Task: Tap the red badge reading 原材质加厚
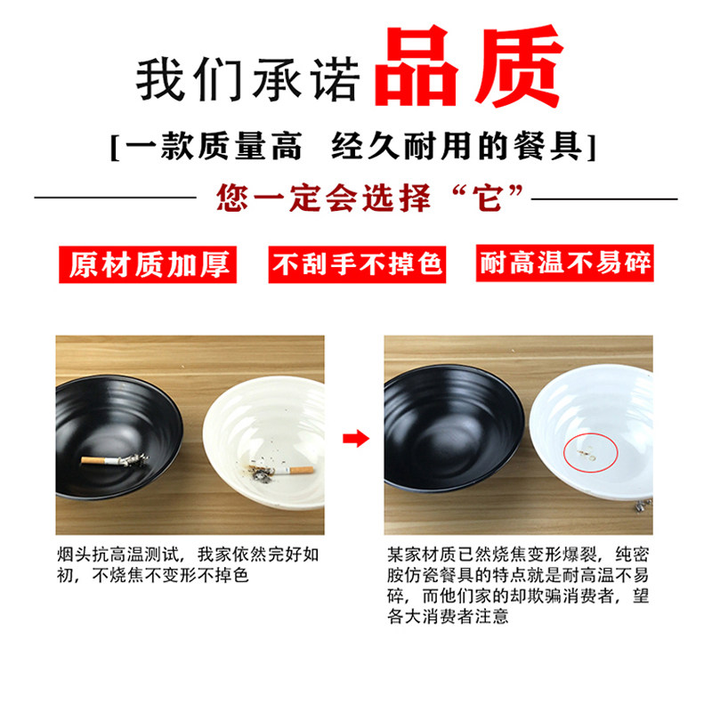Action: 149,264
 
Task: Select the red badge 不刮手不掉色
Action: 357,264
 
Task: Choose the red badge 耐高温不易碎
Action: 565,264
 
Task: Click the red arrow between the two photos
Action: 355,437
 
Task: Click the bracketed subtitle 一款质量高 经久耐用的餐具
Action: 353,145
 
